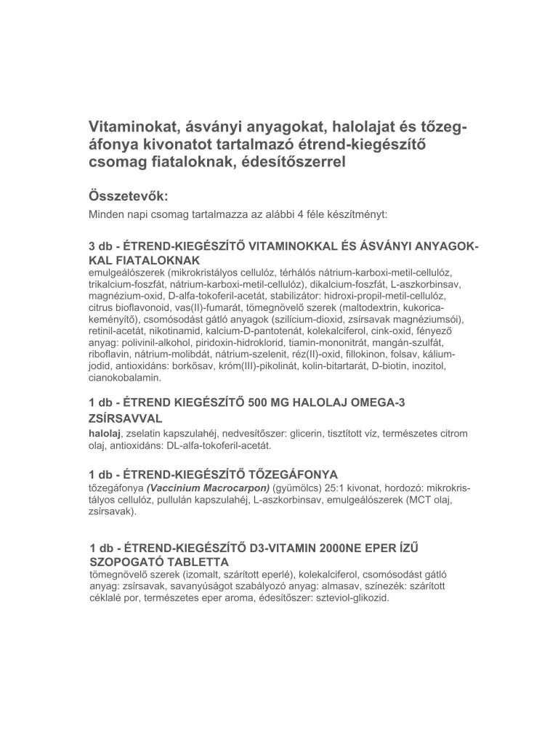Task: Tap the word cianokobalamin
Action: pos(125,378)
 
